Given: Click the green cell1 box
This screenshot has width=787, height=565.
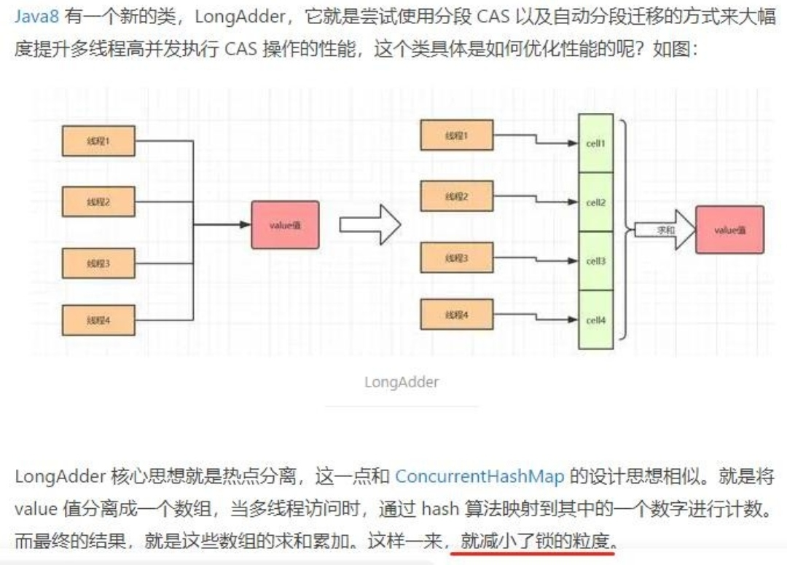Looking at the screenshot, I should point(595,143).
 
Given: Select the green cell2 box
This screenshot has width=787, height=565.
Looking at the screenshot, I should point(595,202).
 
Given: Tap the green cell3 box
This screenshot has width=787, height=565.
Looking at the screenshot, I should point(595,261).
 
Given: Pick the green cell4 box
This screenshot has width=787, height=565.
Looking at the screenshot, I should point(595,320).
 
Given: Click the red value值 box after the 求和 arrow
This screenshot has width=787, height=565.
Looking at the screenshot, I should point(729,230).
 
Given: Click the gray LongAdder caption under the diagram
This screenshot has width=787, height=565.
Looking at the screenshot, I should point(402,382).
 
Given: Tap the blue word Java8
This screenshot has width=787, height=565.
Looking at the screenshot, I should point(36,17).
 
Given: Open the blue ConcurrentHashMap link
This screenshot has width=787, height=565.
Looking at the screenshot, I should point(479,477).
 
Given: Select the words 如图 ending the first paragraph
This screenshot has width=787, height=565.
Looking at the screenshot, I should point(670,50).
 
